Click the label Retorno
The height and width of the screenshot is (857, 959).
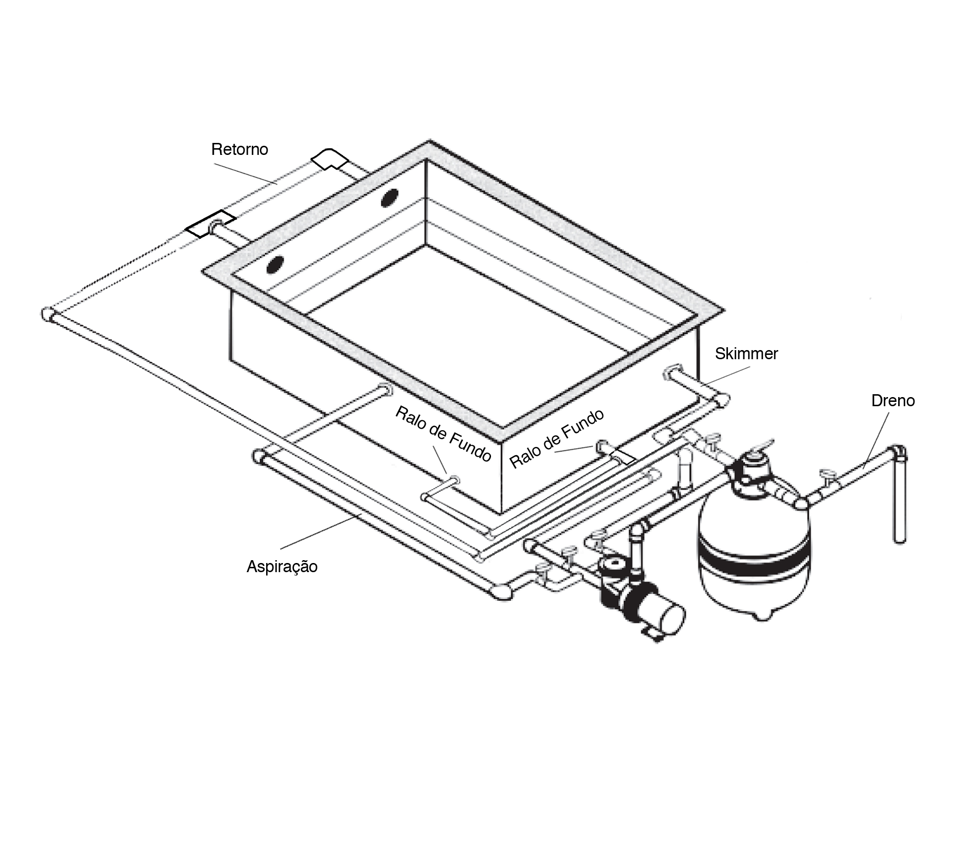(x=239, y=150)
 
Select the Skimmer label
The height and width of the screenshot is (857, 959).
(x=746, y=354)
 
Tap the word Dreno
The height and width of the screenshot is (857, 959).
(x=893, y=400)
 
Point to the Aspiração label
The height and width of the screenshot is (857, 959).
(x=282, y=567)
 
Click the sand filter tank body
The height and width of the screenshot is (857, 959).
(x=754, y=559)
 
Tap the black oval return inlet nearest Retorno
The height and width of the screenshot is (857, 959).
(x=389, y=198)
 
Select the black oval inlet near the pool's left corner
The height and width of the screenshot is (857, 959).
(x=275, y=265)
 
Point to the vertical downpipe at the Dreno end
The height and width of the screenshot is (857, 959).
(x=900, y=499)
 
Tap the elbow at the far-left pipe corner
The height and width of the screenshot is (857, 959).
(x=48, y=315)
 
